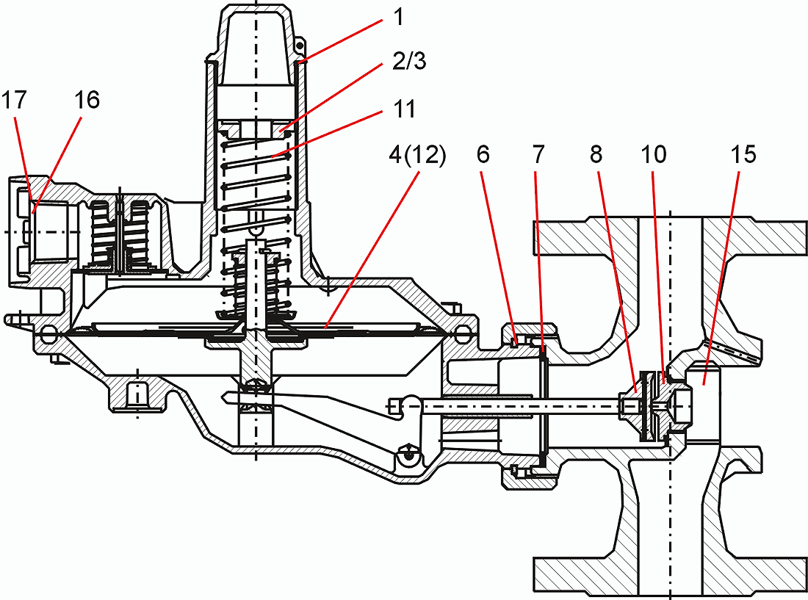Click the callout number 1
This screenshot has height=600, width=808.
[397, 18]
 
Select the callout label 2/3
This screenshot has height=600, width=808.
[410, 62]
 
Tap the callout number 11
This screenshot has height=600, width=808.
[404, 109]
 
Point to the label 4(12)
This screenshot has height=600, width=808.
[417, 155]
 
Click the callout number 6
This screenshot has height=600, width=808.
[483, 154]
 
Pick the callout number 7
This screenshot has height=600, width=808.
[538, 154]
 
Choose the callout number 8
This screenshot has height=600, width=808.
[596, 154]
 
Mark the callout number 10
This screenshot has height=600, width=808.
[654, 154]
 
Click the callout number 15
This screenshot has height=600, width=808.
[743, 154]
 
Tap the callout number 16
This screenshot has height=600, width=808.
[87, 100]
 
